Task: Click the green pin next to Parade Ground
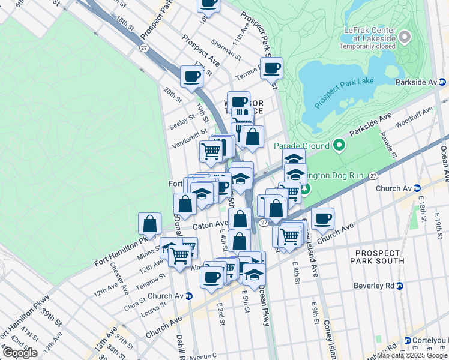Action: [339, 145]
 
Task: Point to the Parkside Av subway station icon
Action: [443, 82]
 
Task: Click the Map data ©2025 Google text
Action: [412, 355]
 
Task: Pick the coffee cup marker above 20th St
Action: [192, 77]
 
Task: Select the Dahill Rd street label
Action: [181, 345]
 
